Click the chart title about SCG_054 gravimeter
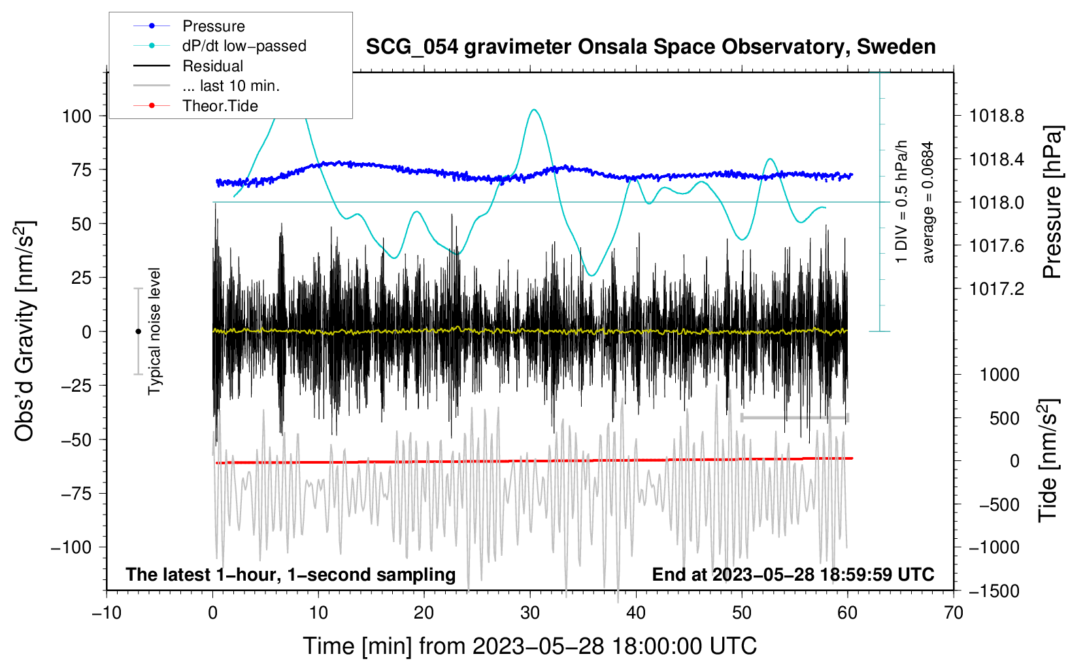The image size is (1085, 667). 650,47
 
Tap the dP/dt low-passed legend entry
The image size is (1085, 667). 244,46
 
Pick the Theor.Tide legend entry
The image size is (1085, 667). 220,106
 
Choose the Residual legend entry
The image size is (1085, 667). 212,66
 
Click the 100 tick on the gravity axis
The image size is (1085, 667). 76,116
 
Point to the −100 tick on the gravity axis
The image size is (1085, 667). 71,547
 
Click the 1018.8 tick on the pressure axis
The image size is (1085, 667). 997,116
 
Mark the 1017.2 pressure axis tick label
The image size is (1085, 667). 997,289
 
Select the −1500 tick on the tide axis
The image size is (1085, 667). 993,591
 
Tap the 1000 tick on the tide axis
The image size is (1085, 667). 999,375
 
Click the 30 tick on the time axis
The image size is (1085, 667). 530,613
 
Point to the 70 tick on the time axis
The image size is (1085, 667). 954,613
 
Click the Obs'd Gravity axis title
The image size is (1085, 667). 25,332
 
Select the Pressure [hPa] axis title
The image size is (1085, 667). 1052,203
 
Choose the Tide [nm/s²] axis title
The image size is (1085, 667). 1048,460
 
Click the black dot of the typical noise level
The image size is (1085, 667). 138,332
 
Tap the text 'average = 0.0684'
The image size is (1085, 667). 928,203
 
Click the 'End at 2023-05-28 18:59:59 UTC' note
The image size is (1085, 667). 793,575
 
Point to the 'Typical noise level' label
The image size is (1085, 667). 154,332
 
